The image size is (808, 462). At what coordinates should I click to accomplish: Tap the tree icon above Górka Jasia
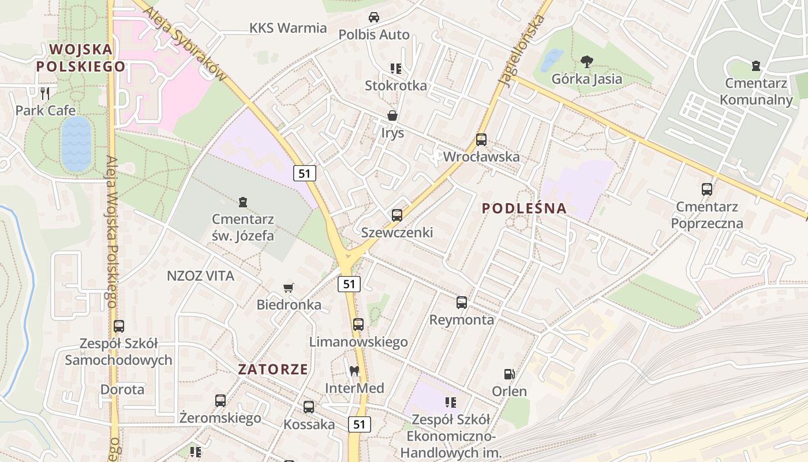point(587,61)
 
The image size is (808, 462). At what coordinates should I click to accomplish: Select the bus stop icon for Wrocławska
point(481,140)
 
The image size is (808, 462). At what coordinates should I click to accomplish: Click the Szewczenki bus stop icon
point(397,215)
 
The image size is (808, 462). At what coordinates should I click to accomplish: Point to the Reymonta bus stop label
point(461,319)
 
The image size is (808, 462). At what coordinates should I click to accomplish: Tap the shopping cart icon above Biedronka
point(289,288)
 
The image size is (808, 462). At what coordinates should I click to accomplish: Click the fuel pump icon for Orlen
point(509,375)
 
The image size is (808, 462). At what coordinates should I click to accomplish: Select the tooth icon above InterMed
point(354,371)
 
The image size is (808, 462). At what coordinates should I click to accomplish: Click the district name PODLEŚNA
point(524,208)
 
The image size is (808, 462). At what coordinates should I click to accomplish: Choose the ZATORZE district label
point(274,370)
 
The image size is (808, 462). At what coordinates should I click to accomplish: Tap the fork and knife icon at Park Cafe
point(46,93)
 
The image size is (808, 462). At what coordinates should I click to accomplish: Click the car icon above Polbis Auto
point(374,17)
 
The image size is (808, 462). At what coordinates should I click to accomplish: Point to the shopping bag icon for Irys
point(392,116)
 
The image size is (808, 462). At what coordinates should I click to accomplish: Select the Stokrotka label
point(396,85)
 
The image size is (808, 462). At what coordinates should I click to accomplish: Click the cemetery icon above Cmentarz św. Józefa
point(243,202)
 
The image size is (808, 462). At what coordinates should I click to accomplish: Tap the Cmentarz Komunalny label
point(756,91)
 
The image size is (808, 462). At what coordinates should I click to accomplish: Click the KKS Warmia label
point(288,28)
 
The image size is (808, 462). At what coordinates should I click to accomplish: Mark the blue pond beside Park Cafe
point(76,143)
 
